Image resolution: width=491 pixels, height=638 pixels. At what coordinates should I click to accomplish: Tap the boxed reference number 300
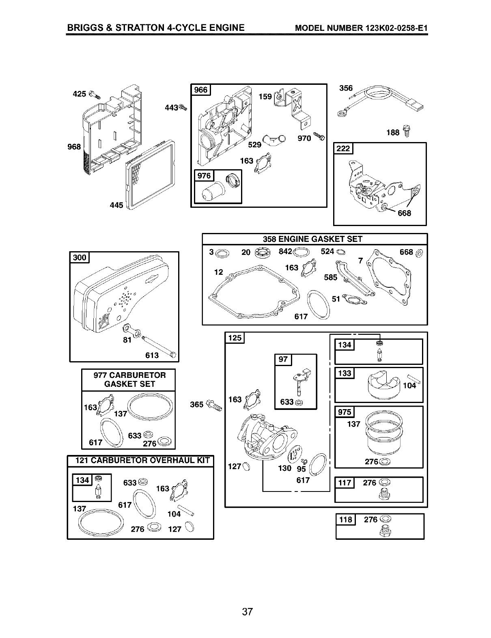pyautogui.click(x=80, y=257)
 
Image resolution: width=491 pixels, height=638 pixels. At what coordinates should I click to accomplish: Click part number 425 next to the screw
pyautogui.click(x=79, y=94)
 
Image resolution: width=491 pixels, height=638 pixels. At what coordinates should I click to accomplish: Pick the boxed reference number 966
pyautogui.click(x=201, y=90)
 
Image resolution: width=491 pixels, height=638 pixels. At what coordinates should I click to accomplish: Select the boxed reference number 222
pyautogui.click(x=343, y=149)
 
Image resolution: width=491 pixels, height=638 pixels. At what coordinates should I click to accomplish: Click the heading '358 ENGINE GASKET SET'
pyautogui.click(x=312, y=239)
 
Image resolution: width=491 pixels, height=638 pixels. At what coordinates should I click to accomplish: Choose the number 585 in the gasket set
pyautogui.click(x=331, y=278)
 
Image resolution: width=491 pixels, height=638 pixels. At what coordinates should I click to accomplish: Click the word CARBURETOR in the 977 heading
pyautogui.click(x=135, y=375)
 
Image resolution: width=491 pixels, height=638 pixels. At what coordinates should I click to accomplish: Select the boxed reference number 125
pyautogui.click(x=235, y=338)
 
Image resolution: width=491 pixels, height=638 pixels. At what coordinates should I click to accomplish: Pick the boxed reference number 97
pyautogui.click(x=282, y=360)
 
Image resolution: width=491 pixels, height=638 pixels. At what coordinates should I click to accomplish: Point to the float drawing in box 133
pyautogui.click(x=383, y=384)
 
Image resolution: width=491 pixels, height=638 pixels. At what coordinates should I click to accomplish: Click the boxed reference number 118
pyautogui.click(x=345, y=519)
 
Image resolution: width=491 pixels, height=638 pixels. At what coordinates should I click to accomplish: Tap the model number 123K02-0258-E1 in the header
pyautogui.click(x=391, y=28)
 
